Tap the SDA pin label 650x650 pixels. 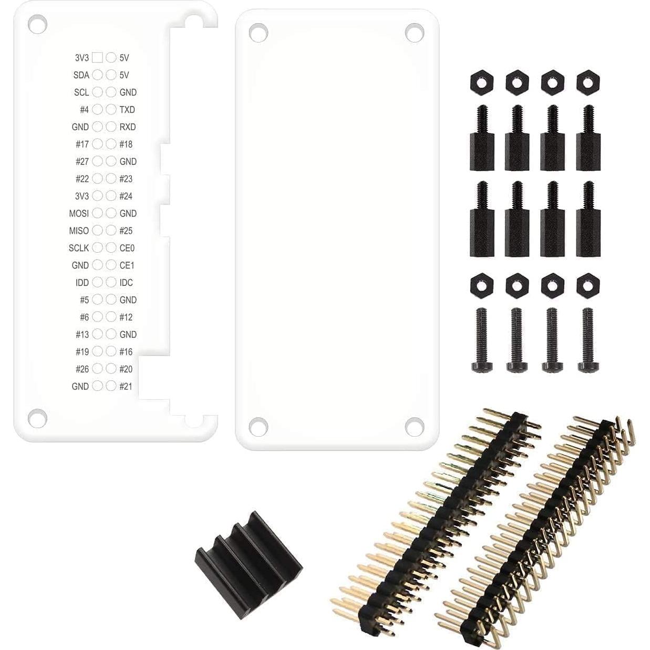[81, 75]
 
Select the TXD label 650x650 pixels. [127, 110]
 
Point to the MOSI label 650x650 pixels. [79, 213]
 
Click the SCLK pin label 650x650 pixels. [79, 248]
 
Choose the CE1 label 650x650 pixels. [127, 265]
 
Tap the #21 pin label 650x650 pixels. [126, 386]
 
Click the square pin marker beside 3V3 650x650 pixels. [97, 58]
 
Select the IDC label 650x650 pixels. [126, 283]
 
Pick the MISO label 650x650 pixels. [79, 231]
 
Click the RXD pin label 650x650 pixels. [128, 127]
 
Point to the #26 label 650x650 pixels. [82, 369]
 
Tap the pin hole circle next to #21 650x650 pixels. [111, 386]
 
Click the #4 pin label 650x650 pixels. [84, 110]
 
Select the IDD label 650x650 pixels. [82, 283]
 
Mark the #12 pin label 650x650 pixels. [126, 317]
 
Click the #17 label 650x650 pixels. [82, 144]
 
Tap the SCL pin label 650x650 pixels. [81, 92]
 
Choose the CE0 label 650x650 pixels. [127, 248]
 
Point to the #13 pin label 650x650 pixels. [82, 334]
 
